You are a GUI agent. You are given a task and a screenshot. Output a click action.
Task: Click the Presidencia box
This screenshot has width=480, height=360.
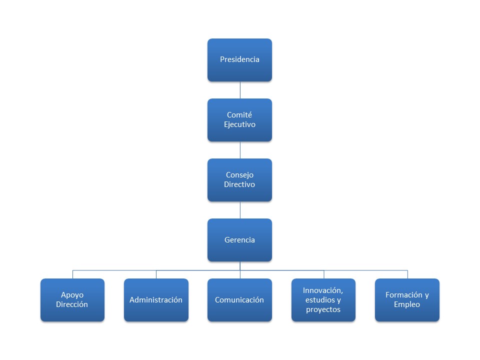(239, 60)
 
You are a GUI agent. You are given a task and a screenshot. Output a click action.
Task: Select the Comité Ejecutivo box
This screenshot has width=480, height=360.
(239, 120)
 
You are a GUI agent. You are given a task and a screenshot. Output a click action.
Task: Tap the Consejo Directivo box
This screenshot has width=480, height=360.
(239, 180)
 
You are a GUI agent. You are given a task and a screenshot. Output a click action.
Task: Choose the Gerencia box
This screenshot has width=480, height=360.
(239, 240)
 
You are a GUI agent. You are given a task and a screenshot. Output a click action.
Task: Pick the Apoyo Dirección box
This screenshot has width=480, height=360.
(72, 300)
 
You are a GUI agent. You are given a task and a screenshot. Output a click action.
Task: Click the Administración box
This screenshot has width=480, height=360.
(156, 300)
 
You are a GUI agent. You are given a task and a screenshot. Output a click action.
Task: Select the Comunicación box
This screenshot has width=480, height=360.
(239, 300)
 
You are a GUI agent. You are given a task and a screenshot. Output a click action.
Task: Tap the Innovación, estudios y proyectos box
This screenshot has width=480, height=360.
(323, 300)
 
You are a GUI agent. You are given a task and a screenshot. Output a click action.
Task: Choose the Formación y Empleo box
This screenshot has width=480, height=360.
(407, 300)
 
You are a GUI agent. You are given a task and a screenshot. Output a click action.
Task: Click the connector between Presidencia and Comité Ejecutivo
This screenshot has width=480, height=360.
(240, 90)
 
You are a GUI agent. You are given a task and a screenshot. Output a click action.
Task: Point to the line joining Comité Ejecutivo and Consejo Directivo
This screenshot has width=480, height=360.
(240, 150)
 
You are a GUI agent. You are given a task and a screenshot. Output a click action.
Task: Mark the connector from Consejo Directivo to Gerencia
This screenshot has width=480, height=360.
(240, 210)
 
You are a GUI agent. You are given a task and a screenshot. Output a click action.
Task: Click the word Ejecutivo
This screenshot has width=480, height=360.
(239, 125)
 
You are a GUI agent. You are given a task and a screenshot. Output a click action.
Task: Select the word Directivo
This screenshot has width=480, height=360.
(239, 185)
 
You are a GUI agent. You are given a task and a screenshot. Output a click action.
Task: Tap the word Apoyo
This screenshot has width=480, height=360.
(72, 295)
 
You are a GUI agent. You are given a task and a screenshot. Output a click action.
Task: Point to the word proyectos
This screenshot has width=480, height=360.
(323, 310)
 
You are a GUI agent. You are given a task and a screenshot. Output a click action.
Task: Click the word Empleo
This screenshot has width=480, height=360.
(407, 305)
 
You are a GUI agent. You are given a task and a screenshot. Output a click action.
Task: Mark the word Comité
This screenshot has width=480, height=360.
(239, 115)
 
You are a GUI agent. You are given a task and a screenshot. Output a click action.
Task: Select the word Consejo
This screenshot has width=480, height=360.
(239, 175)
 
